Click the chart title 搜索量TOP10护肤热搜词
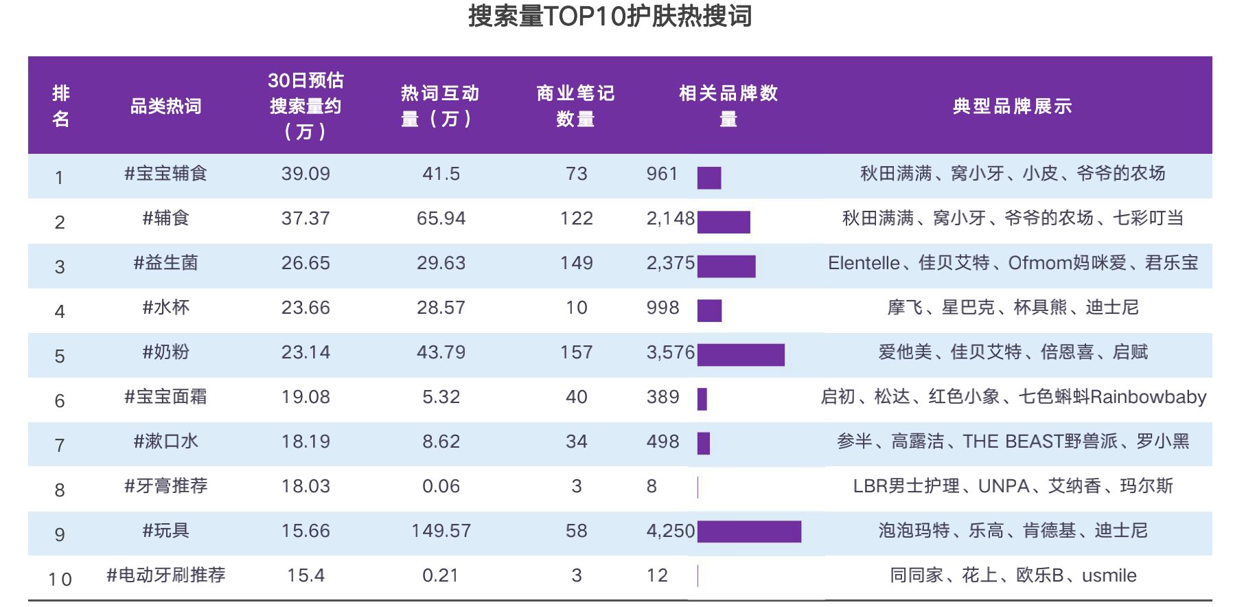click(610, 16)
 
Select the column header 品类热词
click(166, 106)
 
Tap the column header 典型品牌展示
click(1012, 106)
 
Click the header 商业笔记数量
click(575, 106)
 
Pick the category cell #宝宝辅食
click(166, 174)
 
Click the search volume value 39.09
click(306, 174)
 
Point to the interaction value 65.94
click(441, 218)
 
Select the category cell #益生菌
click(166, 263)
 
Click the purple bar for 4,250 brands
click(749, 531)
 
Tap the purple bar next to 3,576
click(741, 354)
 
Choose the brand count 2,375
click(671, 263)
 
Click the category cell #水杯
click(166, 308)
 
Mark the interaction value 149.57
click(441, 531)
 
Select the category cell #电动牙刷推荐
click(166, 575)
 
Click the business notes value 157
click(576, 352)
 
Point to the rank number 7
click(60, 445)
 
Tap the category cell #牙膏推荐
click(166, 486)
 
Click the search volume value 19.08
click(306, 397)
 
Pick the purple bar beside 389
click(702, 399)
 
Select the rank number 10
click(60, 579)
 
